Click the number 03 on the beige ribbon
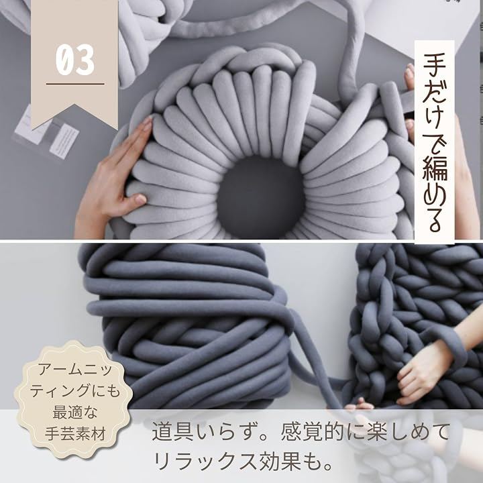75,60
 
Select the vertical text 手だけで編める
434,142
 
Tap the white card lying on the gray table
64,141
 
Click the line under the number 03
75,84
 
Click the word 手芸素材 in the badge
75,433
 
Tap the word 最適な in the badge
75,412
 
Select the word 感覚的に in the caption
319,432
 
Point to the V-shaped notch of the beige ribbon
74,104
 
